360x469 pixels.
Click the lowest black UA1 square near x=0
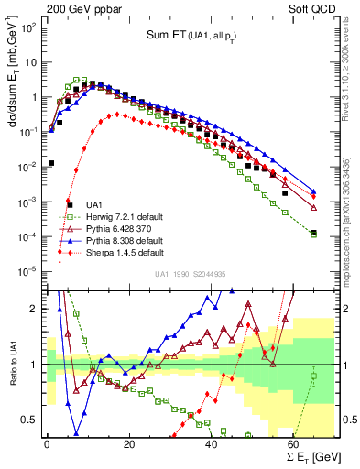click(x=51, y=163)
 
